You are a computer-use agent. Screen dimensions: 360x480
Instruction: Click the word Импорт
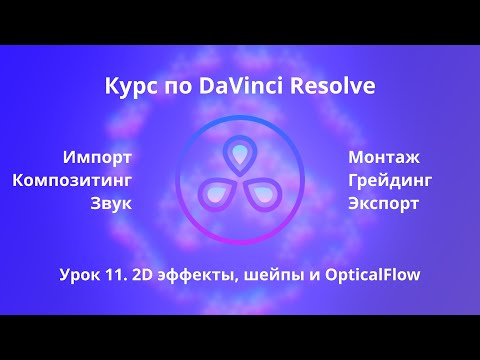coord(97,157)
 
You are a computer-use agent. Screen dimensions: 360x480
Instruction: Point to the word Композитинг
coord(72,180)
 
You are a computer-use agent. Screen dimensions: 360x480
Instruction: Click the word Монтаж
coord(384,157)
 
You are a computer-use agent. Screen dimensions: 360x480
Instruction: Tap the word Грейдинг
coord(390,180)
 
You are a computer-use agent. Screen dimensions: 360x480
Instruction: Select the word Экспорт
coord(384,203)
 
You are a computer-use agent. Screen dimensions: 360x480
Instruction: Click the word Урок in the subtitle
coord(82,273)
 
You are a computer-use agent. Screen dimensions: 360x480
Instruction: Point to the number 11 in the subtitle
coord(120,273)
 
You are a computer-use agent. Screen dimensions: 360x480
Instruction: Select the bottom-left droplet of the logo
coord(216,193)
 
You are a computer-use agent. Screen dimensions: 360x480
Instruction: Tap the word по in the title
coord(171,88)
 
